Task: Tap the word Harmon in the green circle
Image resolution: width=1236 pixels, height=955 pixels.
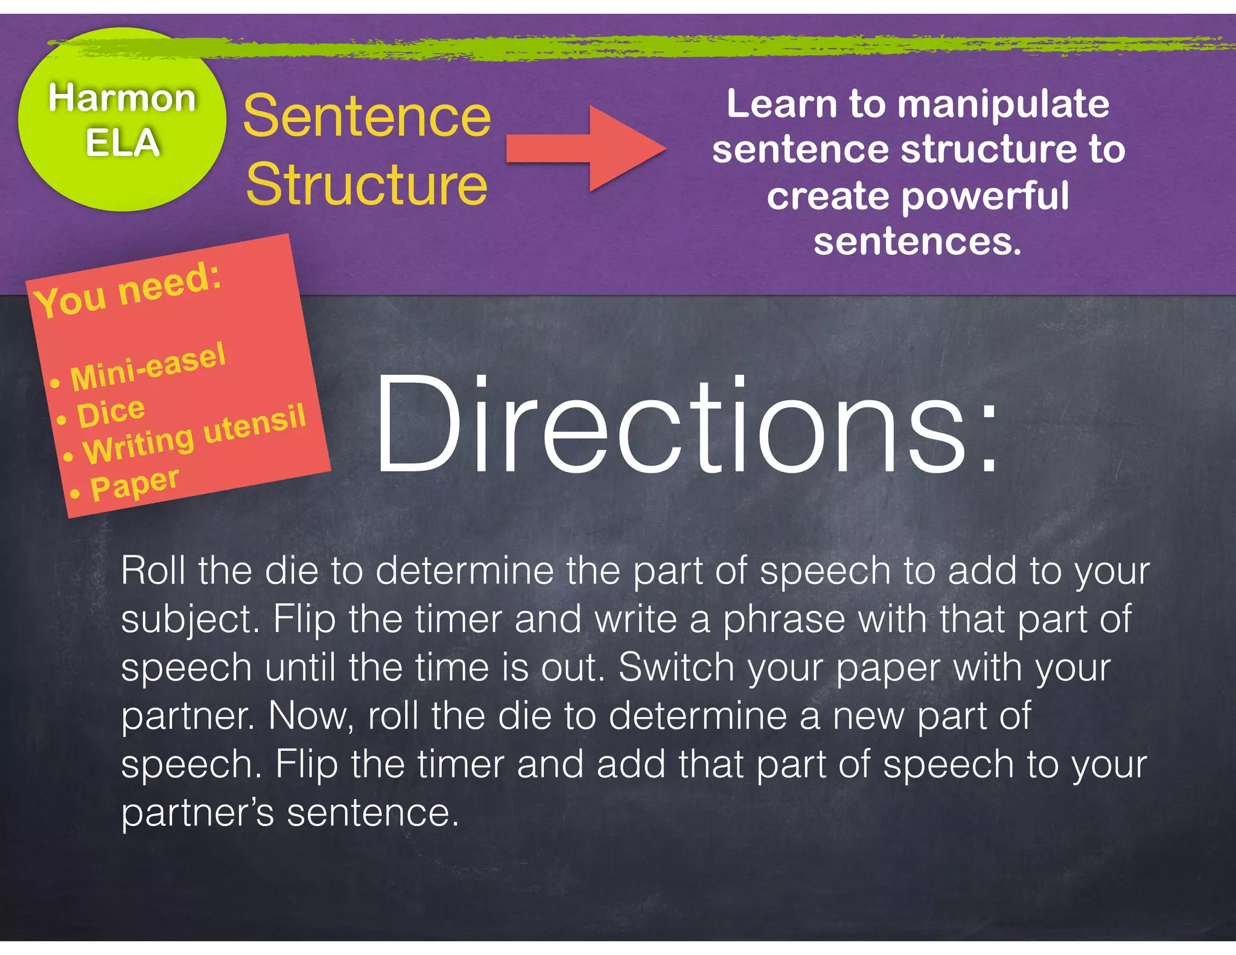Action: tap(123, 98)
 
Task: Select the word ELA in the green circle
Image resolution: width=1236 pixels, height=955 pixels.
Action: tap(123, 143)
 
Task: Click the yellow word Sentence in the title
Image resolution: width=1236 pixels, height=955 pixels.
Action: tap(367, 117)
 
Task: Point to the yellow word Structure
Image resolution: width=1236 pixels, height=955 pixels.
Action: tap(367, 184)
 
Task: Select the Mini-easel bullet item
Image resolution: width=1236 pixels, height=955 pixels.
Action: tap(147, 366)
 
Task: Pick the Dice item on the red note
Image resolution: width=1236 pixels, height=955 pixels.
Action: tap(110, 414)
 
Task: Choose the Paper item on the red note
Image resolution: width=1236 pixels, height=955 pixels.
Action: tap(134, 484)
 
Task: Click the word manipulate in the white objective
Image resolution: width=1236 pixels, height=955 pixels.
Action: tap(1003, 104)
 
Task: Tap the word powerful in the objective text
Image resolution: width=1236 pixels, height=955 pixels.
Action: tap(985, 196)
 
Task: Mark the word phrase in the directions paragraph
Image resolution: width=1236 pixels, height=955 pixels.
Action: tap(784, 620)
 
